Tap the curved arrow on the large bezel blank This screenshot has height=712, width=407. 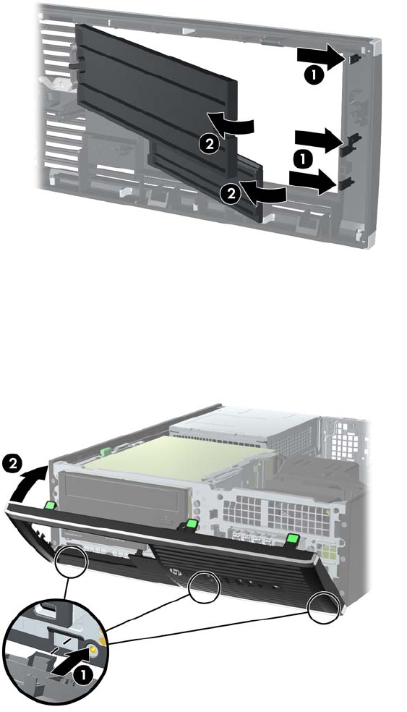[x=231, y=124]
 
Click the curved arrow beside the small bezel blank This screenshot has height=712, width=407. [x=263, y=191]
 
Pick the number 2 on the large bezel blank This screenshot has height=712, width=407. [x=209, y=144]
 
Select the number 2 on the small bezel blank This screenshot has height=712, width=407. [x=231, y=195]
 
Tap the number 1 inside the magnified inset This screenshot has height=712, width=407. [x=83, y=675]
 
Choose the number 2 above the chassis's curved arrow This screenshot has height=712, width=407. [x=14, y=464]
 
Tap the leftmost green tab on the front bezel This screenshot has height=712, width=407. [x=50, y=506]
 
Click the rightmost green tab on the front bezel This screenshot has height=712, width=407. [x=293, y=539]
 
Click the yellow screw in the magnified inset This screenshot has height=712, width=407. [x=94, y=650]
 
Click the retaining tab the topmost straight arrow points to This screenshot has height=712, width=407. [x=354, y=58]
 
